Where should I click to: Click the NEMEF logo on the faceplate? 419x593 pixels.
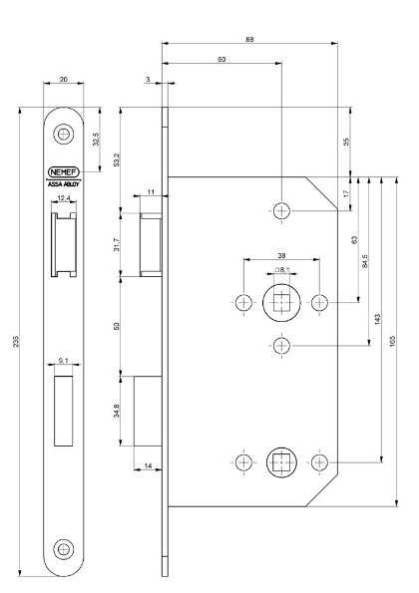click(x=65, y=170)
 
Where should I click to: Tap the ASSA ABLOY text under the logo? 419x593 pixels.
click(x=65, y=183)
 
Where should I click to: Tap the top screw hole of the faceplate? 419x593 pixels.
click(x=65, y=133)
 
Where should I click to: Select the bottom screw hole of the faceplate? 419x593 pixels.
click(x=65, y=546)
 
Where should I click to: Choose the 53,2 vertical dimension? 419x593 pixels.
click(x=118, y=158)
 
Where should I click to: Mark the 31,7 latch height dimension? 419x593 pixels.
click(x=118, y=242)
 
